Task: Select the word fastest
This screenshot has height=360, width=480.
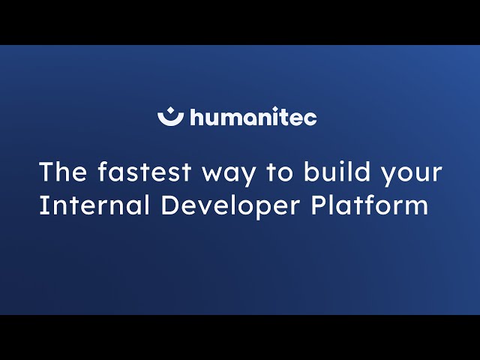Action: pos(143,172)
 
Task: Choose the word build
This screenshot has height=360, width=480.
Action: pos(336,172)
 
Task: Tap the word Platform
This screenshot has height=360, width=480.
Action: pos(370,205)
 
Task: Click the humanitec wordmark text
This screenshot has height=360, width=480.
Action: pos(253,118)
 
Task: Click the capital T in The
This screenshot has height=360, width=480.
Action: pos(46,172)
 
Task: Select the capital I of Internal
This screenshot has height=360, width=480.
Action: pos(43,205)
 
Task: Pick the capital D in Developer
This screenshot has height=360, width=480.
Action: pos(169,205)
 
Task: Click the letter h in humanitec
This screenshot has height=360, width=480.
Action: pos(196,117)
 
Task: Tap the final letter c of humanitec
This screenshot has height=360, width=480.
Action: pos(311,118)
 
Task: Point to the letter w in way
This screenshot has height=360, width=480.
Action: pos(211,174)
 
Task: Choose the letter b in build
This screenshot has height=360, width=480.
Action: pos(310,172)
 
